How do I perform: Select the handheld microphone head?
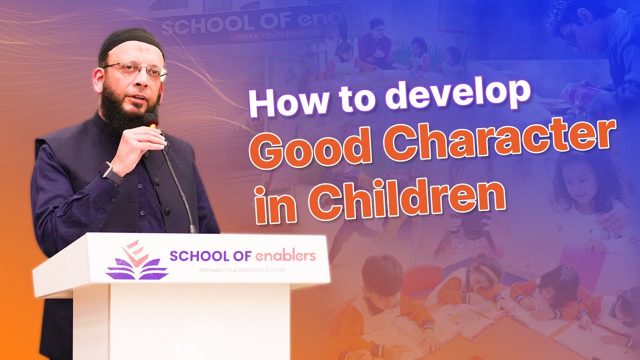(x=151, y=120)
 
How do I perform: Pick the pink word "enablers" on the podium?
(x=285, y=256)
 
